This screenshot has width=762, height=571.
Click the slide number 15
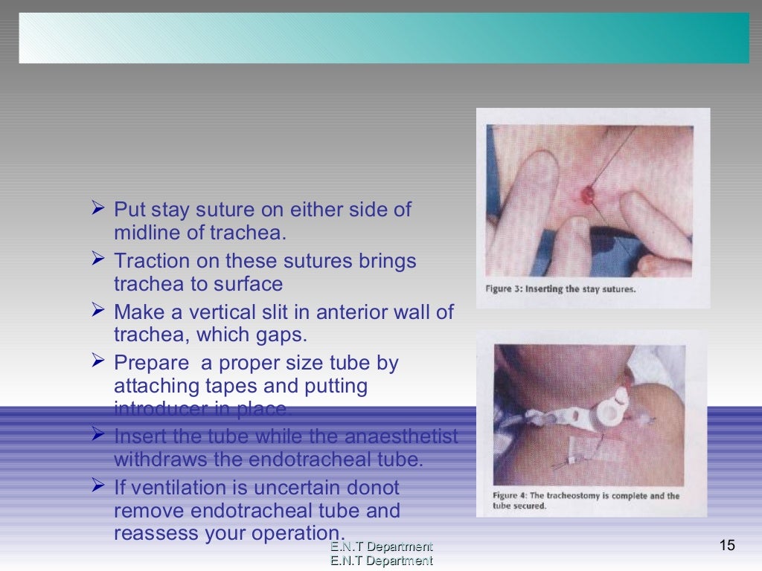[727, 546]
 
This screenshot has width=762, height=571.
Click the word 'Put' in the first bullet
[129, 210]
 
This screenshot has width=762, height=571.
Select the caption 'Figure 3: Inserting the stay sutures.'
[560, 289]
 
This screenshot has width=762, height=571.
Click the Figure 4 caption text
[585, 500]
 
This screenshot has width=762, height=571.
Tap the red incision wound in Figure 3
[587, 195]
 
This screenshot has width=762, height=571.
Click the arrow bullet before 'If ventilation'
[97, 486]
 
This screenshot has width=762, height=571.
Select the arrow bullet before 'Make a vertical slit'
[97, 310]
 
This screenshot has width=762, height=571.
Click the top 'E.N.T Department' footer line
[381, 547]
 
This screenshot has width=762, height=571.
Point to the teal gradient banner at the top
[384, 38]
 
